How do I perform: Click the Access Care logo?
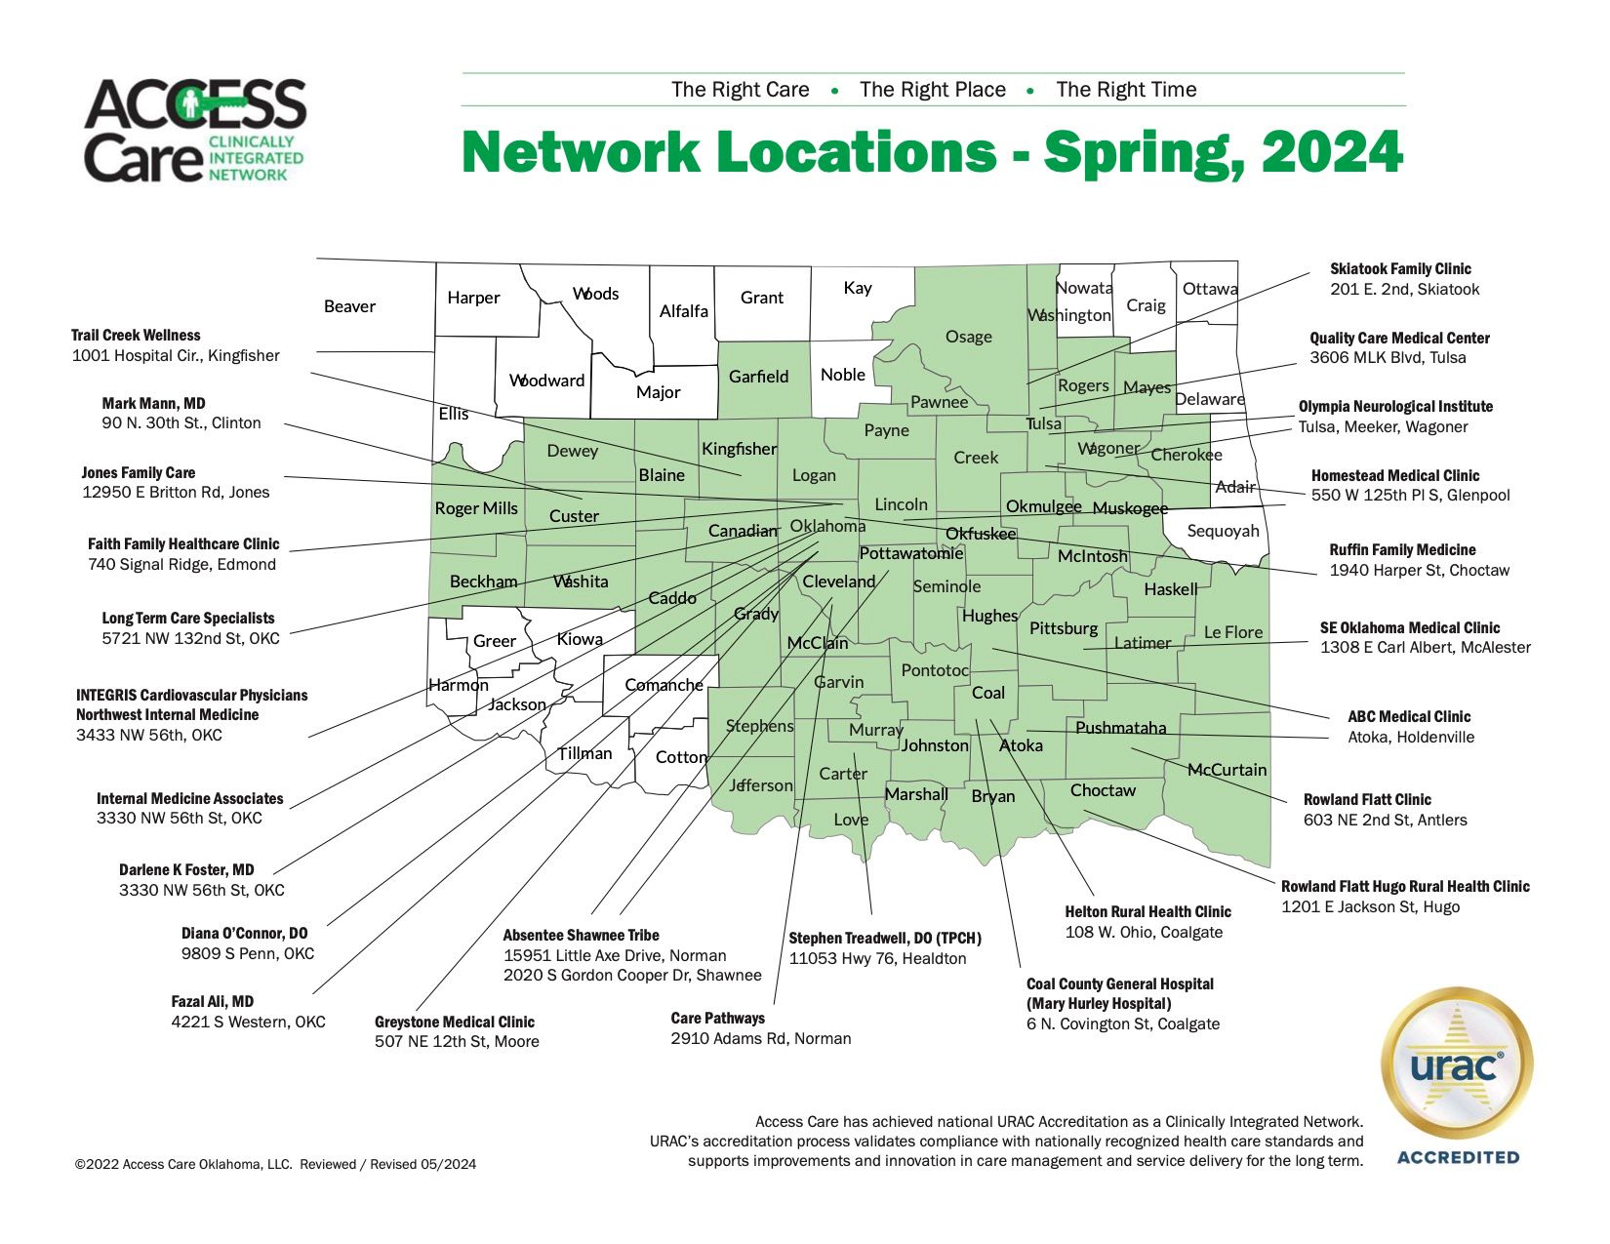(195, 131)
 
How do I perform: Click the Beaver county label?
(349, 306)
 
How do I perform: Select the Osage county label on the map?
(968, 337)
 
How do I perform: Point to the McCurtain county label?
(1227, 770)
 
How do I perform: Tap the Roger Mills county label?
(476, 508)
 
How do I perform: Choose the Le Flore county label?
(1232, 632)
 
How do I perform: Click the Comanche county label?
(664, 685)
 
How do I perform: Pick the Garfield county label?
(758, 377)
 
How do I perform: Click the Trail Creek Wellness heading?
(136, 335)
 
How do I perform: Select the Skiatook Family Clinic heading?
(1400, 268)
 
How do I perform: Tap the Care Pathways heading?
(717, 1018)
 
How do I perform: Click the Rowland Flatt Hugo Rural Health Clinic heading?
(1405, 886)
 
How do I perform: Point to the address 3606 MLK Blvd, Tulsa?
(1388, 358)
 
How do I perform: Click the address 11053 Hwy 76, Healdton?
(877, 958)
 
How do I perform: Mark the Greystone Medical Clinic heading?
(454, 1022)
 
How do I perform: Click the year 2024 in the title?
(1331, 152)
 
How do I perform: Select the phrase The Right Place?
(932, 90)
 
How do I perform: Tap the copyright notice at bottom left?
(275, 1164)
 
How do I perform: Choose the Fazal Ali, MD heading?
(212, 1001)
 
